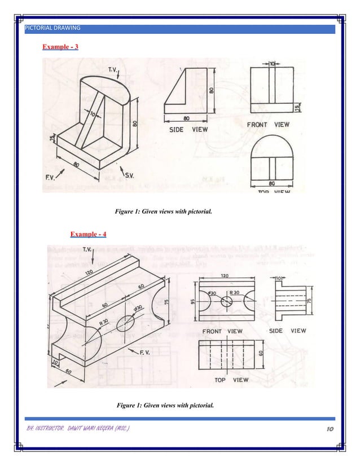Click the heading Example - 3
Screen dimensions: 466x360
[x=60, y=46]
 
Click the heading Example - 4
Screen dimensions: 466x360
[x=88, y=234]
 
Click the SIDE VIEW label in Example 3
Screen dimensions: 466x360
[x=188, y=130]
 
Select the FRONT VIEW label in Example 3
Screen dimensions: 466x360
[x=269, y=124]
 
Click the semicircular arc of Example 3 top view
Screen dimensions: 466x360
[x=271, y=140]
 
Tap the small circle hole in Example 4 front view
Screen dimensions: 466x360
[x=226, y=301]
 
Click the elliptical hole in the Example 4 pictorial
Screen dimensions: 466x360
[x=128, y=327]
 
